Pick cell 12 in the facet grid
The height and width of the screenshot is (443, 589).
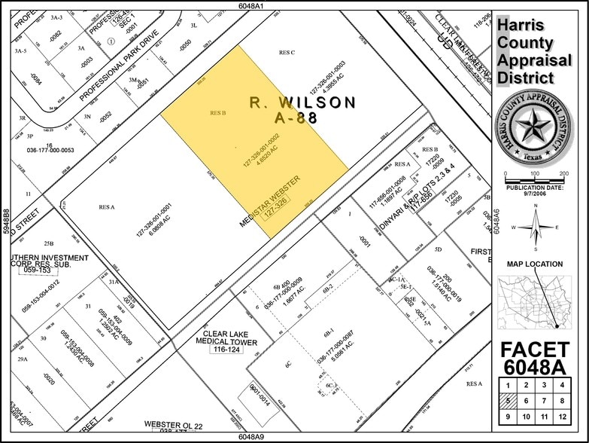(561, 416)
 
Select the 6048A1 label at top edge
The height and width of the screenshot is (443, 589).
(249, 5)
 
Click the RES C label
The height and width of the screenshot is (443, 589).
(286, 52)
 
